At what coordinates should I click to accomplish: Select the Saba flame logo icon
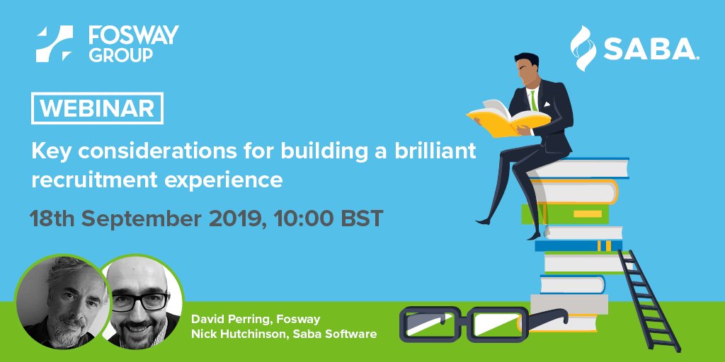[x=585, y=48]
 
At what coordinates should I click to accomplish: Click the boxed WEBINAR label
[x=98, y=109]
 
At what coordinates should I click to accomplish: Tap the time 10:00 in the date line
[x=300, y=217]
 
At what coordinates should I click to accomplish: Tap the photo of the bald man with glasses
[x=139, y=305]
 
